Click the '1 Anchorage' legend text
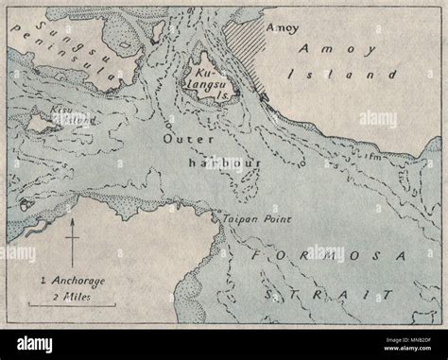tap(72, 283)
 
